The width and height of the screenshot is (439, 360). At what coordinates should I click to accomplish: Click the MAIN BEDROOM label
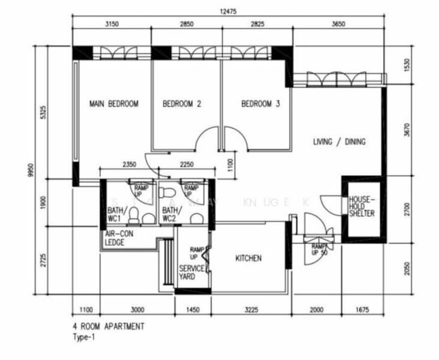pyautogui.click(x=114, y=104)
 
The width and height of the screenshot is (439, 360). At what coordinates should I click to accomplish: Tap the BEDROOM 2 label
pyautogui.click(x=181, y=104)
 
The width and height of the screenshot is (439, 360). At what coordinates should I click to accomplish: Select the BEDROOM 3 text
pyautogui.click(x=261, y=104)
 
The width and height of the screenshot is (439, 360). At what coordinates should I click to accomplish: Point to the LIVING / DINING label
pyautogui.click(x=339, y=142)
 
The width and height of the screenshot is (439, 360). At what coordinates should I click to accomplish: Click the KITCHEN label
pyautogui.click(x=248, y=259)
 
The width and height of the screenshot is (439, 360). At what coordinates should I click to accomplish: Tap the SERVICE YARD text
pyautogui.click(x=192, y=272)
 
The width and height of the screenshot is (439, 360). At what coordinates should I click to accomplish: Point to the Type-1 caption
pyautogui.click(x=83, y=338)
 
